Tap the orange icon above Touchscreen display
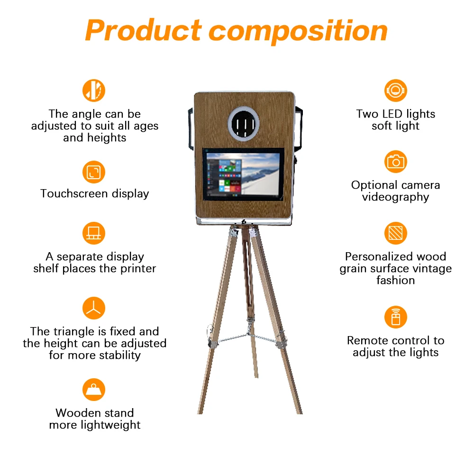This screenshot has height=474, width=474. point(94,172)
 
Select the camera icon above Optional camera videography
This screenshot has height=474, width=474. point(395,162)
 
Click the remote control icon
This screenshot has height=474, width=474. point(395,317)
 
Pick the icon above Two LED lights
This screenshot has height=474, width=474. point(395,91)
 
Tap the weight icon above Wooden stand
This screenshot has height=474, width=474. point(94,390)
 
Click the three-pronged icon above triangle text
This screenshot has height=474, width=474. point(94,309)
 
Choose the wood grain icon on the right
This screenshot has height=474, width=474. point(395,234)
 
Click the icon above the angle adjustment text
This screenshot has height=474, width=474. point(94,91)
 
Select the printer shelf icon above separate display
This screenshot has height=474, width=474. point(94,234)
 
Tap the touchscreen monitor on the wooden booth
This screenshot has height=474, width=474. point(244,174)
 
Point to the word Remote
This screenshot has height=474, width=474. point(368,340)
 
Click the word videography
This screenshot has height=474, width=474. point(395,197)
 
